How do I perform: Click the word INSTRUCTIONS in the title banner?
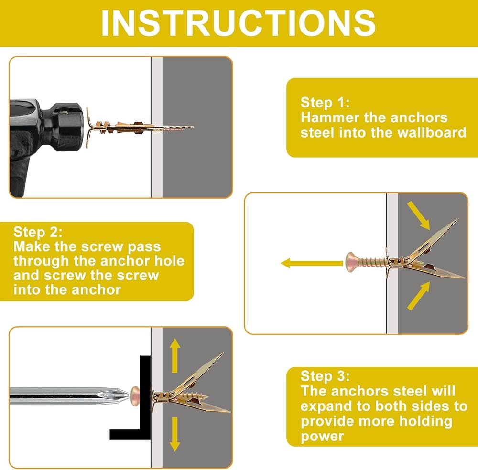238,23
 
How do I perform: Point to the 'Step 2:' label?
38,232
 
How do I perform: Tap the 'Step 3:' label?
325,376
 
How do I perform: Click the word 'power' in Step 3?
322,437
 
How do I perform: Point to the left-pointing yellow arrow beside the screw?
312,263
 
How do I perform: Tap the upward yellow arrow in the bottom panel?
174,356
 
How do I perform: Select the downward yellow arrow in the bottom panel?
174,434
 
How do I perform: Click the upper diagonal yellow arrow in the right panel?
419,215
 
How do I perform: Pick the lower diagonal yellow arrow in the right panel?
419,296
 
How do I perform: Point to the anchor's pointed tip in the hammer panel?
192,127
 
